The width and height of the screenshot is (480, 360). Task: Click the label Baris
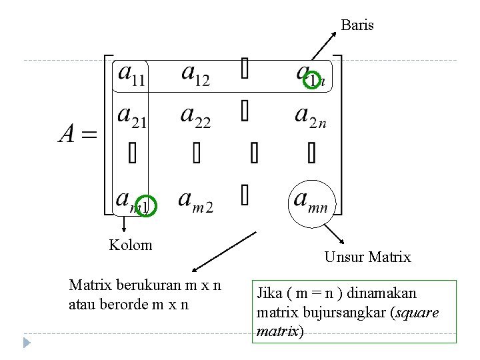tap(357, 25)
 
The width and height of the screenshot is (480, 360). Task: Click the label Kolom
tap(131, 245)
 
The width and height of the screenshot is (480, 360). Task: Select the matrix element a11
tap(132, 75)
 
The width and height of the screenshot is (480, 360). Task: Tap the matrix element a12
tap(195, 75)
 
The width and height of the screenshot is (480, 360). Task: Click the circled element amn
tap(311, 201)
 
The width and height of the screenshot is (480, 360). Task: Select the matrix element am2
tap(196, 200)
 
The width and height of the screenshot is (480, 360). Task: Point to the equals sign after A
tap(89, 136)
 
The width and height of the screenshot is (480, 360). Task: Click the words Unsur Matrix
tap(367, 257)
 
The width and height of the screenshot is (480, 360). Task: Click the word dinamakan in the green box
tap(384, 293)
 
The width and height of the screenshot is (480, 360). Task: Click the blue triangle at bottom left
tap(27, 343)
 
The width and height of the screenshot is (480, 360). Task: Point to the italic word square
tap(419, 312)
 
